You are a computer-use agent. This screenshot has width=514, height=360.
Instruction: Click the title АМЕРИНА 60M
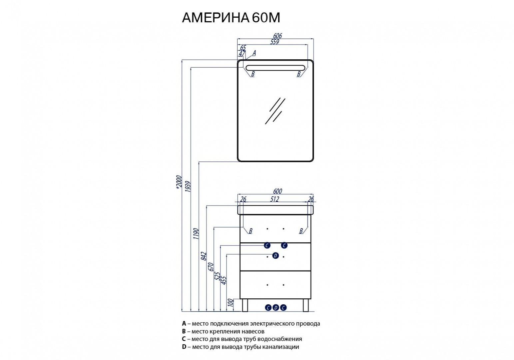tap(231, 18)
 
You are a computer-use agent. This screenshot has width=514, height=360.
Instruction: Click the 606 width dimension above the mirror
tap(277, 36)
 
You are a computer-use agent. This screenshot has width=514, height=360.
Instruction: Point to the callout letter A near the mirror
tap(254, 53)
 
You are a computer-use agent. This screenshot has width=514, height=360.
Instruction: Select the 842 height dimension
tap(204, 257)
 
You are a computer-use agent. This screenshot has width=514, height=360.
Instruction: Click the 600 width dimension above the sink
tap(277, 191)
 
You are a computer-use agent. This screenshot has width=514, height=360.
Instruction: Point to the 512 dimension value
tap(274, 199)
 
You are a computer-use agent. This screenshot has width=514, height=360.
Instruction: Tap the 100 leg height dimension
tap(231, 303)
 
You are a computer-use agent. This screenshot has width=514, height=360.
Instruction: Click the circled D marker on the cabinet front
tap(275, 256)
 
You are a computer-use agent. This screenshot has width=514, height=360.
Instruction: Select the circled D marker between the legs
tap(275, 308)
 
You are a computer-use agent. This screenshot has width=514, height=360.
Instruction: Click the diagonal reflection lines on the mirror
tap(275, 111)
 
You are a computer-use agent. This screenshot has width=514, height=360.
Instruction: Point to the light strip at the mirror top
tap(275, 68)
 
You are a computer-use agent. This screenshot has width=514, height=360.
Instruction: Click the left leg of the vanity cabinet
tap(245, 305)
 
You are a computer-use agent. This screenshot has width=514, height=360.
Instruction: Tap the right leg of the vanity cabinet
tap(306, 305)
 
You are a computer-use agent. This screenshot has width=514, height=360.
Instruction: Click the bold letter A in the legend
tap(184, 324)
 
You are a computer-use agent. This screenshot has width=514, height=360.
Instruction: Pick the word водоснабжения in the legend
tap(280, 339)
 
